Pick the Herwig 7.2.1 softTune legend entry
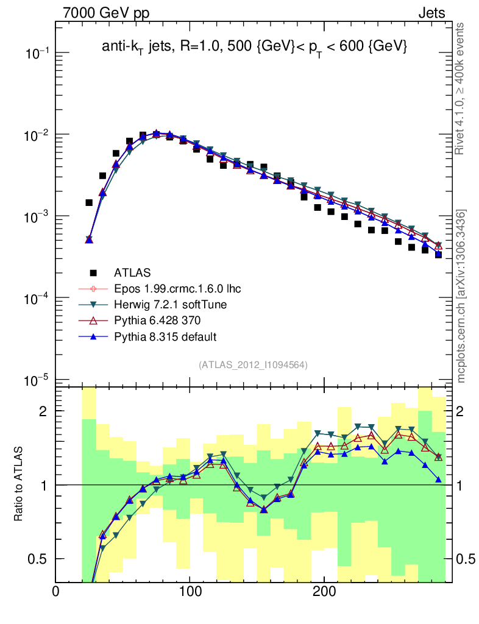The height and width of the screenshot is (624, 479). (x=166, y=304)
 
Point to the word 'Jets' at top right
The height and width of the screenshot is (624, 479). (x=431, y=13)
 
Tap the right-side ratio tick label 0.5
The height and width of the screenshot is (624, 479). (x=466, y=559)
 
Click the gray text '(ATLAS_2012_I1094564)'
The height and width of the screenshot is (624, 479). (x=253, y=364)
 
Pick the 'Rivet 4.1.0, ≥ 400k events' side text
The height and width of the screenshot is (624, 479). (x=461, y=88)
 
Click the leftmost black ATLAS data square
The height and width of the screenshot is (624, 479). (x=89, y=202)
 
